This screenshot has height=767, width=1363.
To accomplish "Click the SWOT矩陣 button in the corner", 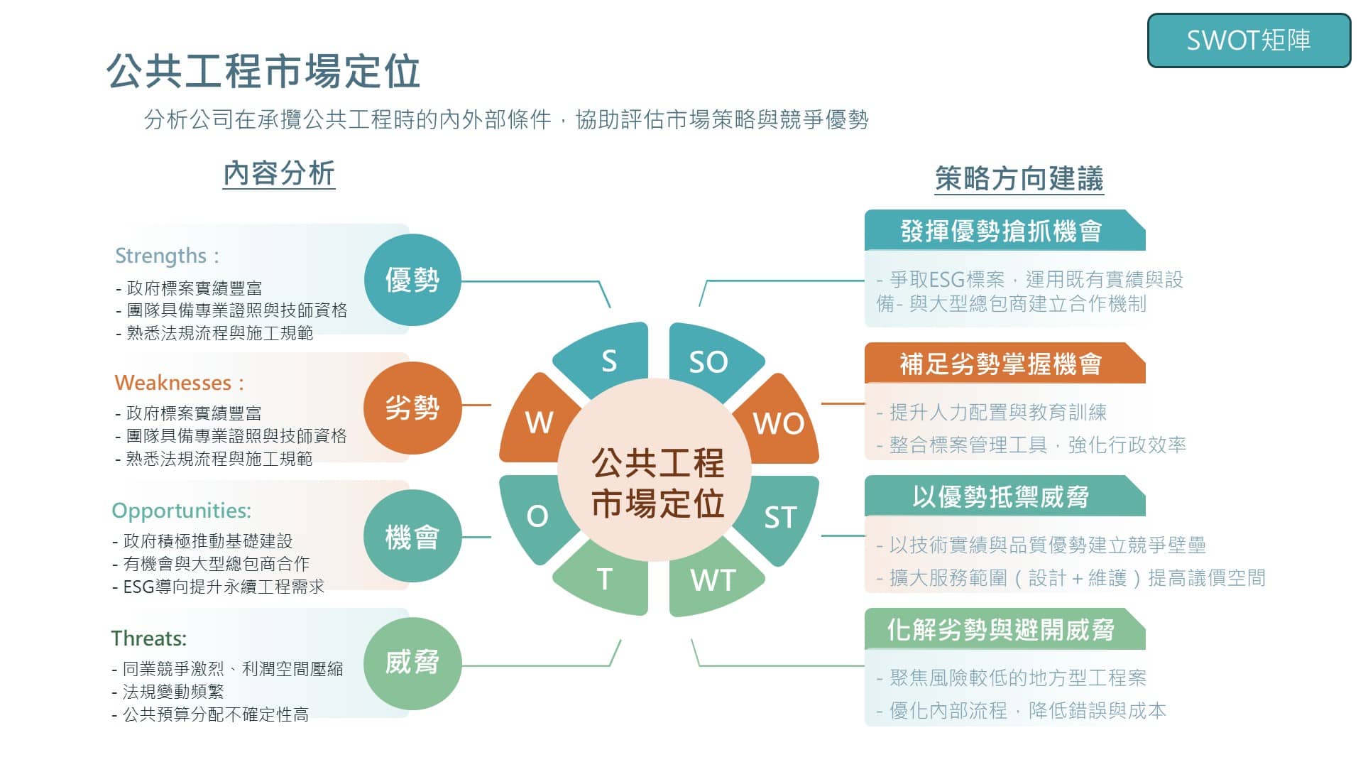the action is tap(1249, 40).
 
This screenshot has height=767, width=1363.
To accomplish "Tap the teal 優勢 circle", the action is tap(412, 280).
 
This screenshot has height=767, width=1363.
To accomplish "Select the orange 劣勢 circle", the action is tap(412, 408).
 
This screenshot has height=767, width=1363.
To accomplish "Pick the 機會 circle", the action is tap(412, 536).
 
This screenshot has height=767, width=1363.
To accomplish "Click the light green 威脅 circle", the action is tap(412, 663).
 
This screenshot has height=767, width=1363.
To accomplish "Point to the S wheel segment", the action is tap(608, 359).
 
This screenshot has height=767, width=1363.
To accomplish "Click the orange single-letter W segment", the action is tap(537, 422).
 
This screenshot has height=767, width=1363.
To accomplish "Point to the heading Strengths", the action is tap(161, 256).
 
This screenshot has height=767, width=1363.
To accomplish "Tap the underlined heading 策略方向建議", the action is tap(1019, 178).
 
